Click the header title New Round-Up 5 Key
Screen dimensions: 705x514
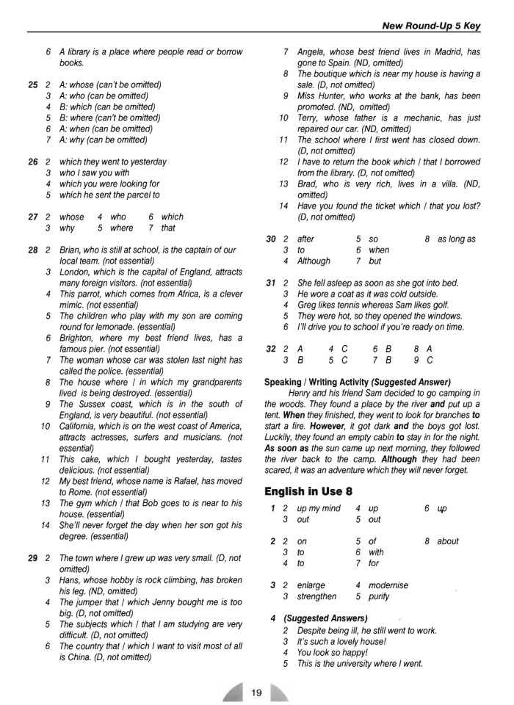point(431,26)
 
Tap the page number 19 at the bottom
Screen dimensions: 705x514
point(256,691)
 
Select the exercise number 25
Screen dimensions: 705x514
point(32,84)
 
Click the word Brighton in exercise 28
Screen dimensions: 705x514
point(78,338)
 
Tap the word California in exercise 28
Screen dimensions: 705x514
point(80,426)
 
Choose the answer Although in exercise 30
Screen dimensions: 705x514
point(314,261)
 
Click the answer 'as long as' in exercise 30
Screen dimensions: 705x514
point(456,239)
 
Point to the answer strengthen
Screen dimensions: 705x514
point(316,596)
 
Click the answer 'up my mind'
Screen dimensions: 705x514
point(319,508)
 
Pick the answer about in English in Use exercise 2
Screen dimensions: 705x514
point(448,541)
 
